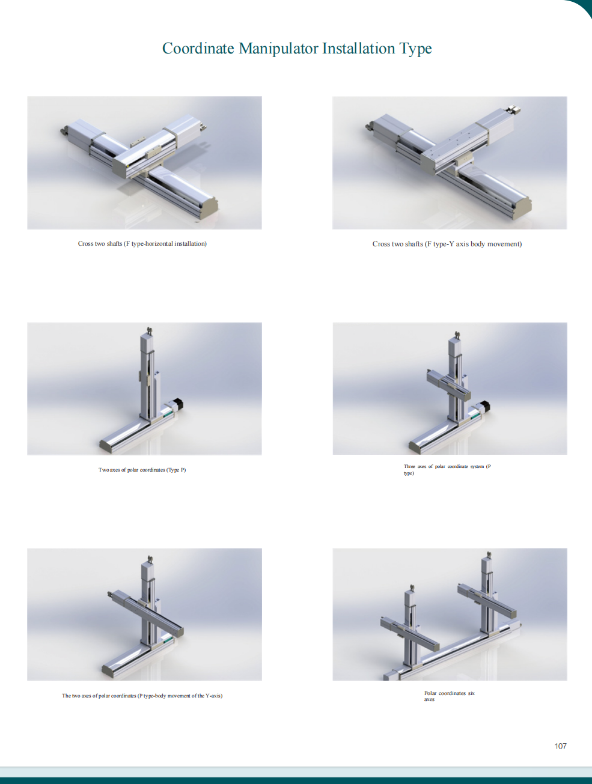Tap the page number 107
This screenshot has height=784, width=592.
coord(560,746)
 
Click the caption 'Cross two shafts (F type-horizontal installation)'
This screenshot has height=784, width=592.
coord(142,243)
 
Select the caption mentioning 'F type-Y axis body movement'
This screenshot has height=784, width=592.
coord(447,244)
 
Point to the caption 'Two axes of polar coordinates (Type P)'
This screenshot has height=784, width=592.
coord(142,470)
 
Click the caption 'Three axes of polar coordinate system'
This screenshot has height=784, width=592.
coord(447,469)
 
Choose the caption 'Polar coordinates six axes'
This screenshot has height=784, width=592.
coord(450,696)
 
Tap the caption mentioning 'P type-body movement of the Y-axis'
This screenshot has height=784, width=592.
coord(142,696)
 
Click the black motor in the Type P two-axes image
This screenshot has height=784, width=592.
coord(178,404)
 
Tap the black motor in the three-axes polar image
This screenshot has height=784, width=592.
coord(485,407)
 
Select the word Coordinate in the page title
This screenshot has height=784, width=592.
coord(198,48)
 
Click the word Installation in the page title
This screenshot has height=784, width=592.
coord(359,48)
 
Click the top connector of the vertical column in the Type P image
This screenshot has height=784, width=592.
coord(150,330)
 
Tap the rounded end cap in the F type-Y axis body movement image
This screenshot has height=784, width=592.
coord(522,209)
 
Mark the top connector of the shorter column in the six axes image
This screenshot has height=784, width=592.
coord(412,588)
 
